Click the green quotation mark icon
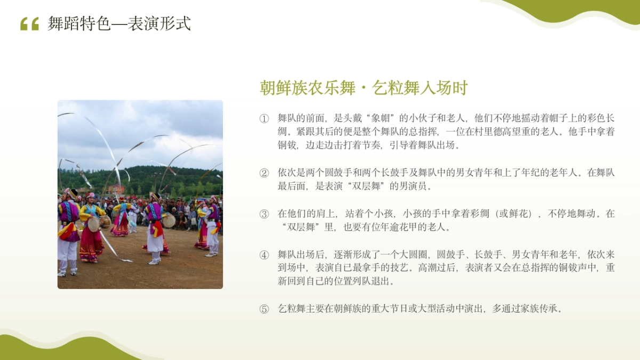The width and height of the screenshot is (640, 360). (x=29, y=24)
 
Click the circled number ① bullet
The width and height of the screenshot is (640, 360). (x=264, y=118)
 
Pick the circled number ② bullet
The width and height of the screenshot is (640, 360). (x=264, y=173)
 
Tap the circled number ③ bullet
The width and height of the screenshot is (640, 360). (x=264, y=214)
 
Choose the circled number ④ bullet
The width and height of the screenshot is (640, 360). (x=264, y=255)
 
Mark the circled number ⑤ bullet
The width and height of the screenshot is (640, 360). (x=264, y=309)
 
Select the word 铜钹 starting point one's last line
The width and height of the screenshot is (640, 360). (x=287, y=145)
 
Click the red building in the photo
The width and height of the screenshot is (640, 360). (x=116, y=189)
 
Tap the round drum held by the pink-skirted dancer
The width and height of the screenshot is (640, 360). (x=94, y=224)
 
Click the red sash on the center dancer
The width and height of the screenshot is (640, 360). (x=158, y=228)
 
